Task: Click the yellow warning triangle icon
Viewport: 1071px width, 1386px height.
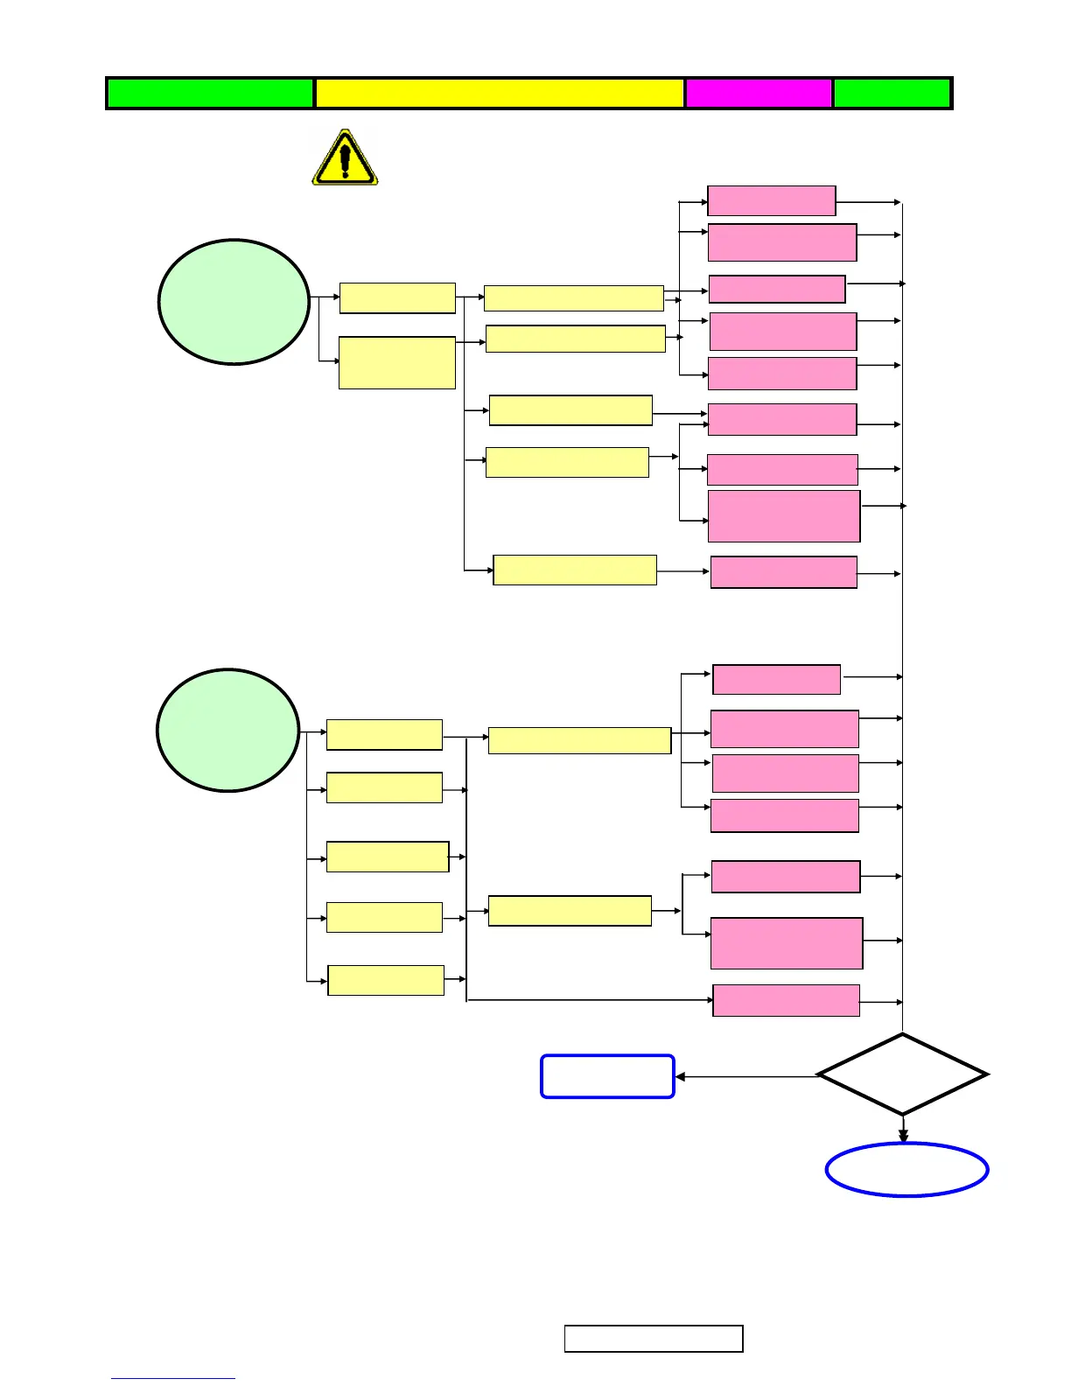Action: tap(345, 158)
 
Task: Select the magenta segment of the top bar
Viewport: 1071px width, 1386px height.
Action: tap(758, 93)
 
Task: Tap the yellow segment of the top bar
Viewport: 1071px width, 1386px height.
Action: tap(499, 93)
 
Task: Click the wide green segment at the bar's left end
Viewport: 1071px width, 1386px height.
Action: tap(210, 93)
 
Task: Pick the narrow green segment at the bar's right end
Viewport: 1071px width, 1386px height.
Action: tap(892, 93)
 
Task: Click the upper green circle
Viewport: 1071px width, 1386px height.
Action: tap(234, 302)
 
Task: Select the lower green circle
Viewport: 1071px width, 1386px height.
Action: tap(228, 731)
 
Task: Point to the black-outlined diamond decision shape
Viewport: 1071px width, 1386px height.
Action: tap(902, 1074)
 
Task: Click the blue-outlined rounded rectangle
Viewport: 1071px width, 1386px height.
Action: tap(607, 1076)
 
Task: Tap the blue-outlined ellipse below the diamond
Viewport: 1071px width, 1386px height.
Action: tap(906, 1170)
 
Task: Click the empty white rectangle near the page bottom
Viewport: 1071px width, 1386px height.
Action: tap(654, 1339)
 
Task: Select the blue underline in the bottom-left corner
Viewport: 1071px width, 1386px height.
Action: tap(172, 1378)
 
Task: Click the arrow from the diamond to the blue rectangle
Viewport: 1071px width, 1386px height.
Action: tap(745, 1076)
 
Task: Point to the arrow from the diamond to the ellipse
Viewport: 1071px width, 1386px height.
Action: tap(903, 1128)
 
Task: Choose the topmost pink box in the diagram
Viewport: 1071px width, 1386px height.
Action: tap(771, 200)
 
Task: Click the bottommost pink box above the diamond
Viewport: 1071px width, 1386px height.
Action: tap(786, 1000)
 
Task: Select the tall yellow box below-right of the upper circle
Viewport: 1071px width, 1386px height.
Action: tap(396, 362)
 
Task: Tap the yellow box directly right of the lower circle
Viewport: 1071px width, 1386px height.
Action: tap(384, 735)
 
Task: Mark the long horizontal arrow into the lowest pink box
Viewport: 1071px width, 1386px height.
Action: tap(591, 999)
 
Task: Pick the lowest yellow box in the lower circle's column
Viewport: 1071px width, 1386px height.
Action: tap(386, 980)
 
